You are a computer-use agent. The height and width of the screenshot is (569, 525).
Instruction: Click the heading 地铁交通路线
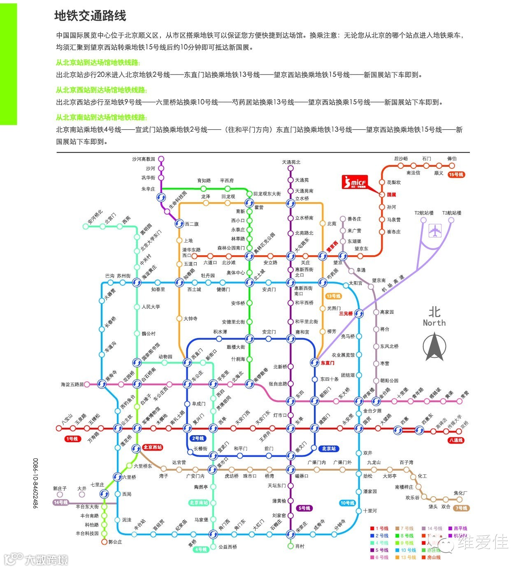tap(90, 16)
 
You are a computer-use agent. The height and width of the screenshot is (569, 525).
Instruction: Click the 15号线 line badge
tap(456, 175)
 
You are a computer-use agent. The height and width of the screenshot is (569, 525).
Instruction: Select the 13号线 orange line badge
tap(333, 296)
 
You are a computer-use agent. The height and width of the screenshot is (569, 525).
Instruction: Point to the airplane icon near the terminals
tap(434, 231)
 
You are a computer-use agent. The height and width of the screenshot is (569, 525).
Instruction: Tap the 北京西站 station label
tap(153, 447)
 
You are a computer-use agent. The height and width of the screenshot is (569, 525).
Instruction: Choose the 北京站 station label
tap(329, 448)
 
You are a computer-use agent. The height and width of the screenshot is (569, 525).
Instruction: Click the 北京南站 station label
tap(199, 503)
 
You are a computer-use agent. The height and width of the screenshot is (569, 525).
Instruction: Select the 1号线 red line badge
tap(72, 439)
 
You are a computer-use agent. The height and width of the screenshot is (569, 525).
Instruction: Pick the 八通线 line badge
tap(456, 440)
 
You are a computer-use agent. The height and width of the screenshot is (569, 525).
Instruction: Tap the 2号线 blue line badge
tap(198, 438)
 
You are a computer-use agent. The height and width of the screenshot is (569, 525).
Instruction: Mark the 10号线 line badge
tap(348, 503)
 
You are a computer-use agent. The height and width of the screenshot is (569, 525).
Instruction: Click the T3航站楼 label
tap(451, 213)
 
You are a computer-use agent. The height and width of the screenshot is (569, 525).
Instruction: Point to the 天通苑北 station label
tap(291, 162)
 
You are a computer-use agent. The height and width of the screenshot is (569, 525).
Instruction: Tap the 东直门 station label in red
tap(328, 363)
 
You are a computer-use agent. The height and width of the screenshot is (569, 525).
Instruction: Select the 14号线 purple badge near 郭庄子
tap(60, 502)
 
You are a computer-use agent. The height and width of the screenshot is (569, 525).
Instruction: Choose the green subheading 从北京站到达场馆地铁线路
tap(98, 63)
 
